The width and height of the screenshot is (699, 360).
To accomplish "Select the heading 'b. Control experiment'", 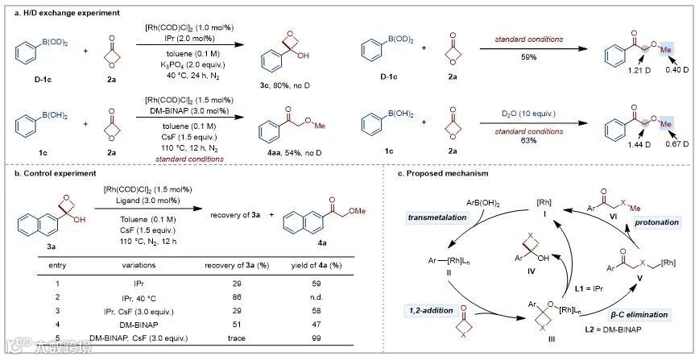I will coord(46,172).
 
